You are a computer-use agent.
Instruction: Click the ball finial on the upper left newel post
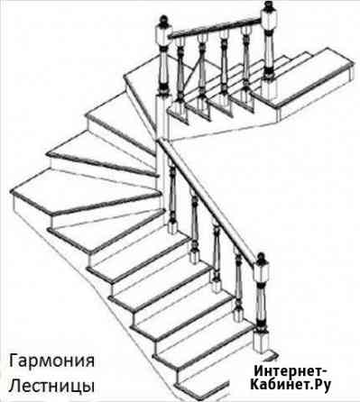[x=163, y=19]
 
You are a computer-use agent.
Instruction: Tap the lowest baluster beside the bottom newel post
[x=238, y=288]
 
